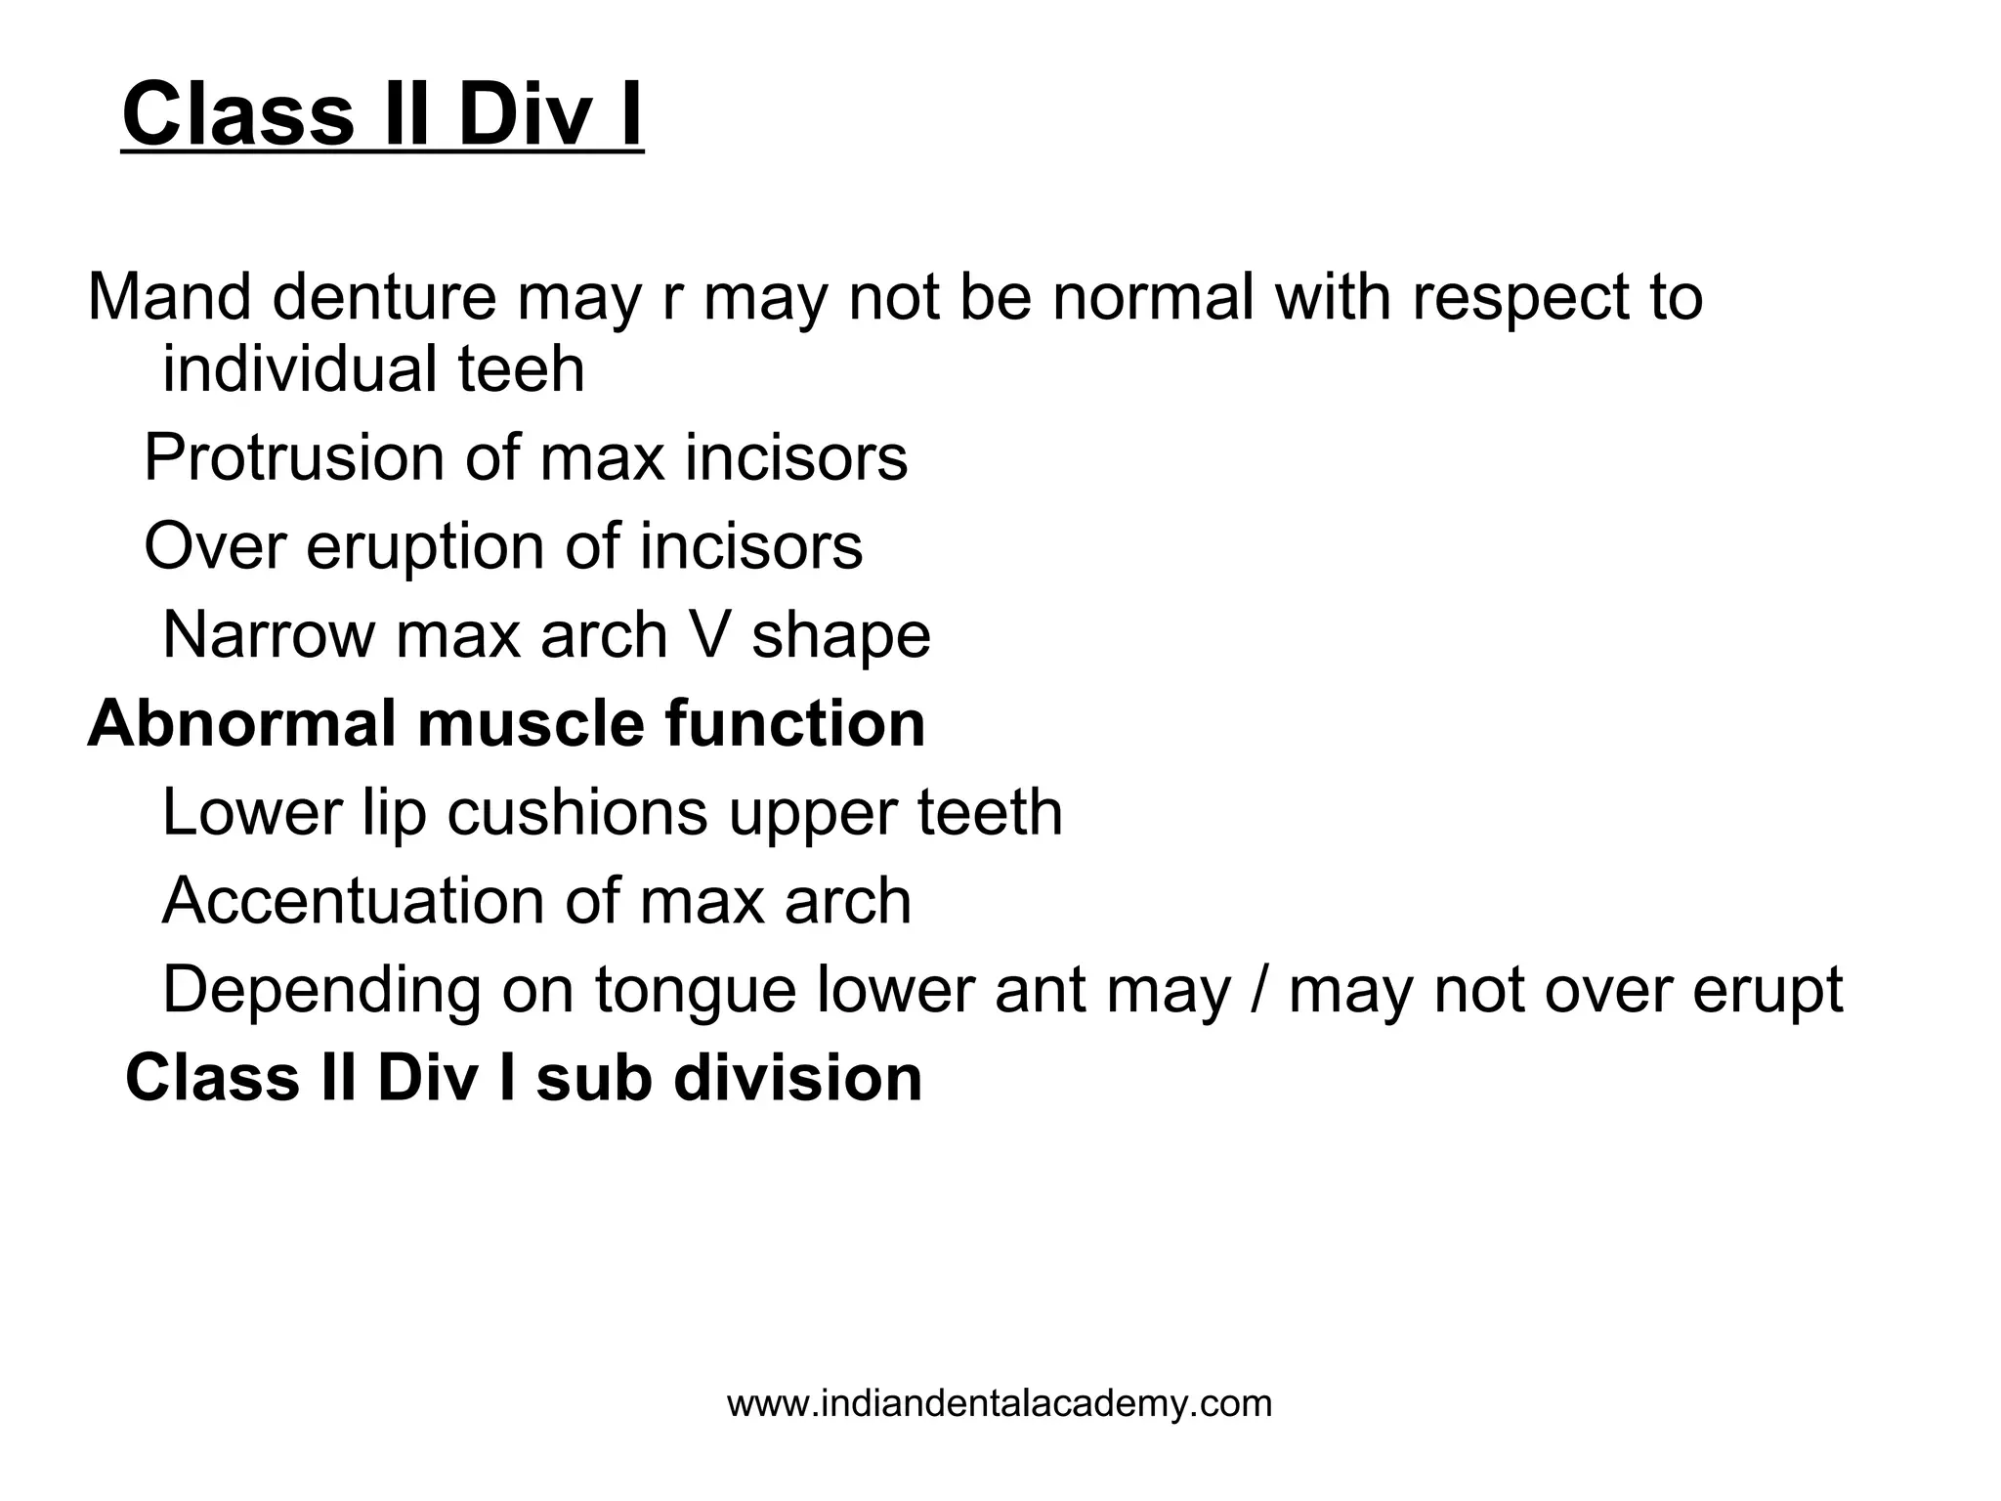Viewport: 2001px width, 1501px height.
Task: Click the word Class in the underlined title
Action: pyautogui.click(x=237, y=114)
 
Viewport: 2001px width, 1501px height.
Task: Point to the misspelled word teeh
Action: pyautogui.click(x=521, y=369)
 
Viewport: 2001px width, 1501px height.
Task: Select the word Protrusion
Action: pyautogui.click(x=295, y=457)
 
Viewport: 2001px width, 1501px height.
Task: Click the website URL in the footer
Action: pyautogui.click(x=1000, y=1404)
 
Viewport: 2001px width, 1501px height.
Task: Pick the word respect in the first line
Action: pyautogui.click(x=1510, y=298)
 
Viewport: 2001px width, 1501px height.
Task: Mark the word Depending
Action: pyautogui.click(x=321, y=991)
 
